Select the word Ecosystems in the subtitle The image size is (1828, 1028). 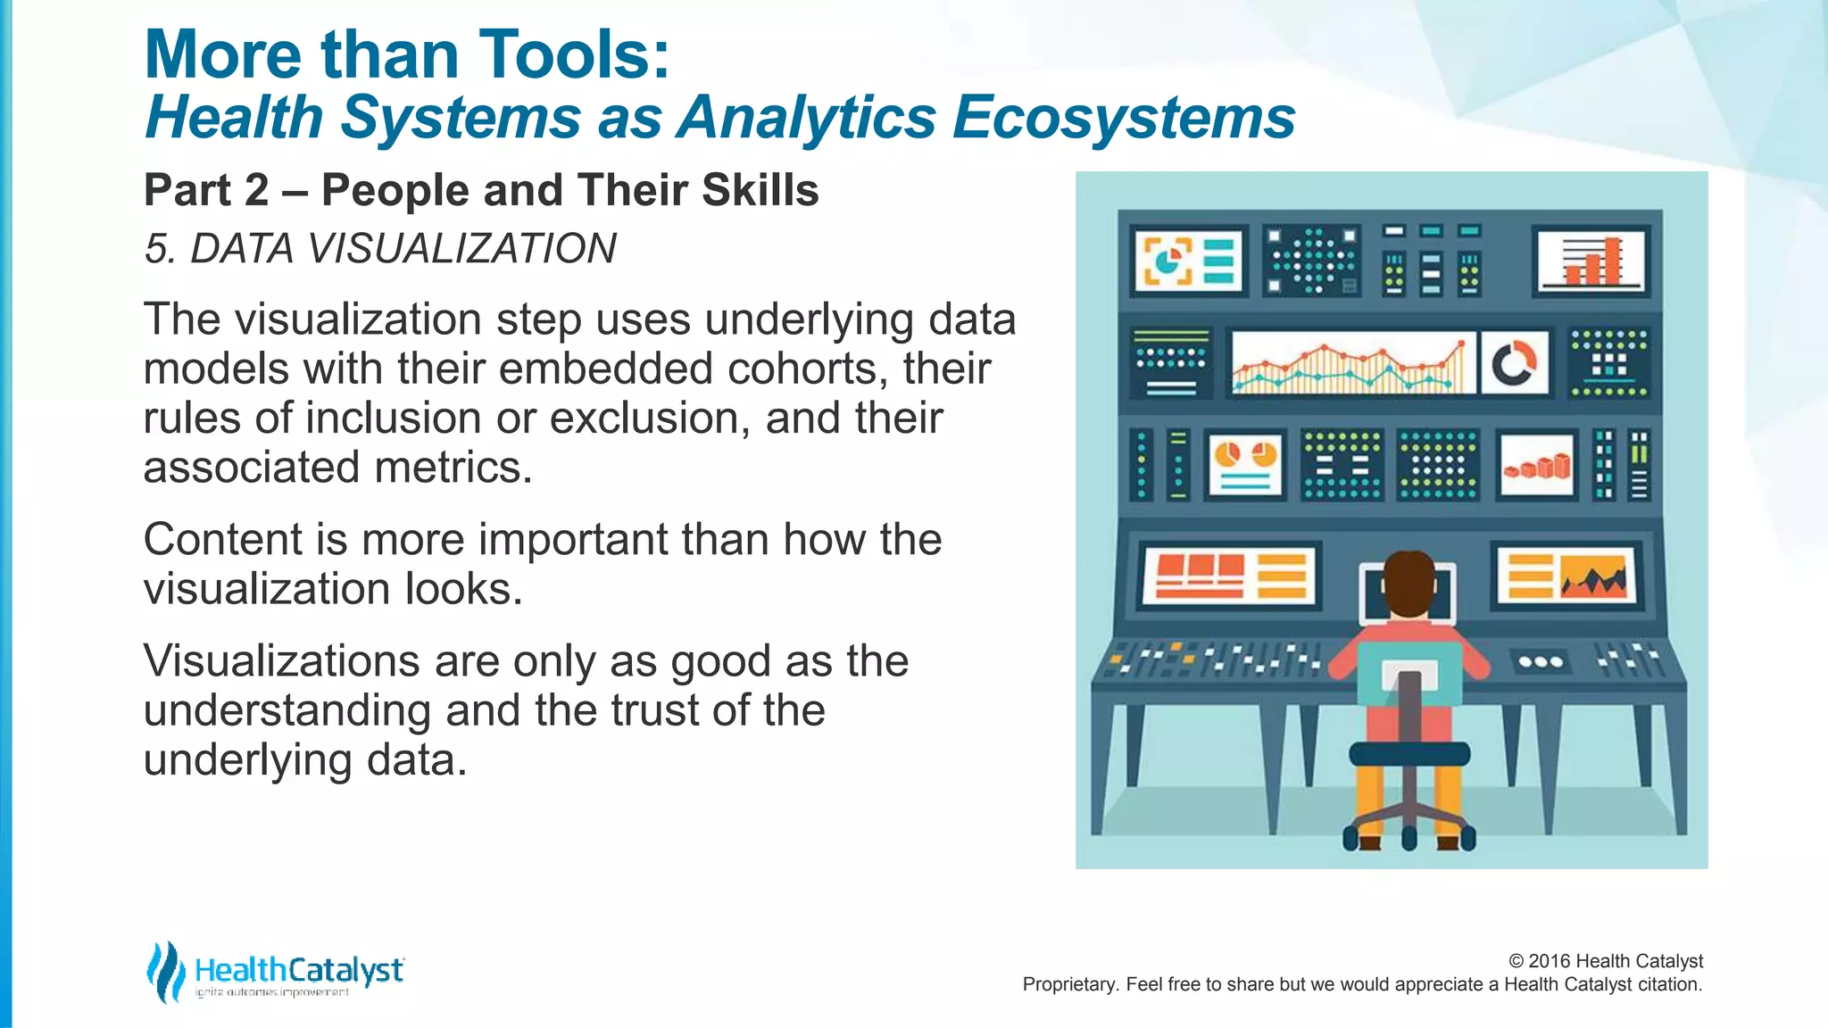[1123, 117]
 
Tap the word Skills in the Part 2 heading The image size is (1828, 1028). [760, 190]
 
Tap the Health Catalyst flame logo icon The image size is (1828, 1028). [165, 971]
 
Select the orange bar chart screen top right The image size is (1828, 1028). [1591, 261]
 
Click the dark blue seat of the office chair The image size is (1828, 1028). [1408, 753]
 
